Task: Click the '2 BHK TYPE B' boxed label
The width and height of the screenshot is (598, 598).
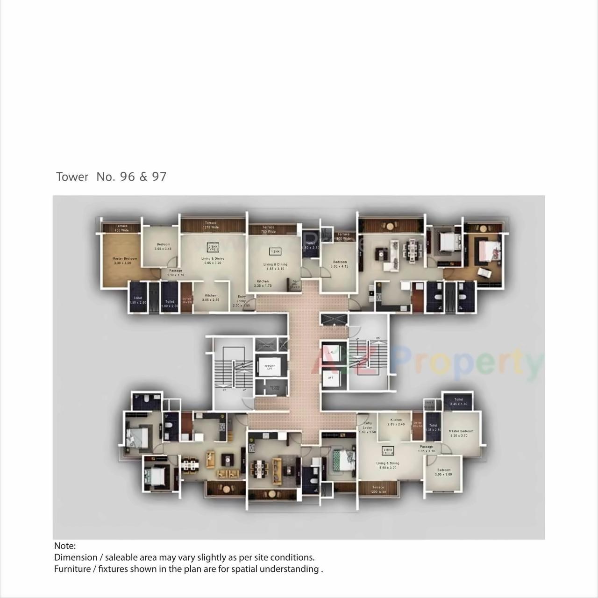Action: pos(213,248)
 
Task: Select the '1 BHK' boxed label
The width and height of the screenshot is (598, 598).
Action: pos(275,252)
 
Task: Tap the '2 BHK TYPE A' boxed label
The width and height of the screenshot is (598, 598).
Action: pos(388,451)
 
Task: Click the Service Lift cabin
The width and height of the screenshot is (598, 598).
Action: pos(270,367)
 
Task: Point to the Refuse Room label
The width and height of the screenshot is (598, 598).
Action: pos(275,387)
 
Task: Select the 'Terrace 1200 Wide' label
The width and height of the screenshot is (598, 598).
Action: pos(378,489)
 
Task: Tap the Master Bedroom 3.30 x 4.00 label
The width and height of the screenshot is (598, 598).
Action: pos(125,261)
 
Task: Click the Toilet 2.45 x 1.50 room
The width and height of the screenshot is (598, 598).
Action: pos(458,402)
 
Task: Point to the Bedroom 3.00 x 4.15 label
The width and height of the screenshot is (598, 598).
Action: pos(340,264)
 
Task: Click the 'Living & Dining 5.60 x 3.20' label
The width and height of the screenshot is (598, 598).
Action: pos(388,465)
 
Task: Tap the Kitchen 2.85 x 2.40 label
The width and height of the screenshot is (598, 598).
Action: pos(396,422)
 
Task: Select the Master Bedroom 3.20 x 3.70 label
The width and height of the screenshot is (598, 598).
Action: pos(461,433)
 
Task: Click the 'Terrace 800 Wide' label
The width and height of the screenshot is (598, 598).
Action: pos(343,236)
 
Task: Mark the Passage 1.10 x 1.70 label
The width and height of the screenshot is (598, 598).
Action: pos(176,273)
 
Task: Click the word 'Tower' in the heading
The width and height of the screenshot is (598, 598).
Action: pos(72,177)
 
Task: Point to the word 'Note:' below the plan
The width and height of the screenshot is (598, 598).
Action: pos(65,546)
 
